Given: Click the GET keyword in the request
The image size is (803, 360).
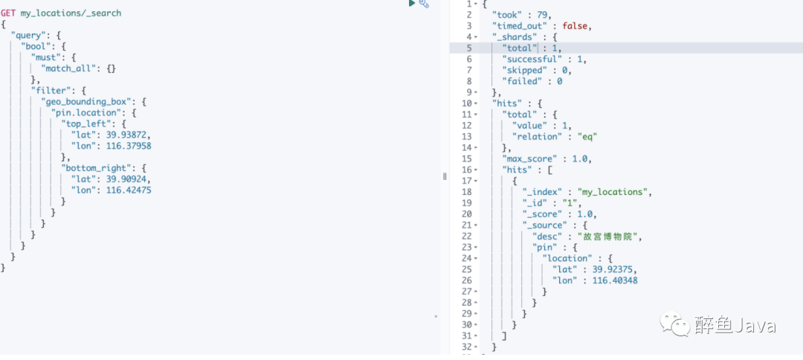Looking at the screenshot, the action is [8, 13].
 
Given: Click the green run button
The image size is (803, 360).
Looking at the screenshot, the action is [411, 4].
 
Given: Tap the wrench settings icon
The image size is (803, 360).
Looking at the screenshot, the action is [424, 4].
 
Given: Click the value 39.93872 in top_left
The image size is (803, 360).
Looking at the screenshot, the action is [129, 135].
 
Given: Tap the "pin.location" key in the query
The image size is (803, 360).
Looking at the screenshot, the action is [86, 112].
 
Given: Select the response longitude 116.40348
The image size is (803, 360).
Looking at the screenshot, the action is [615, 280].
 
